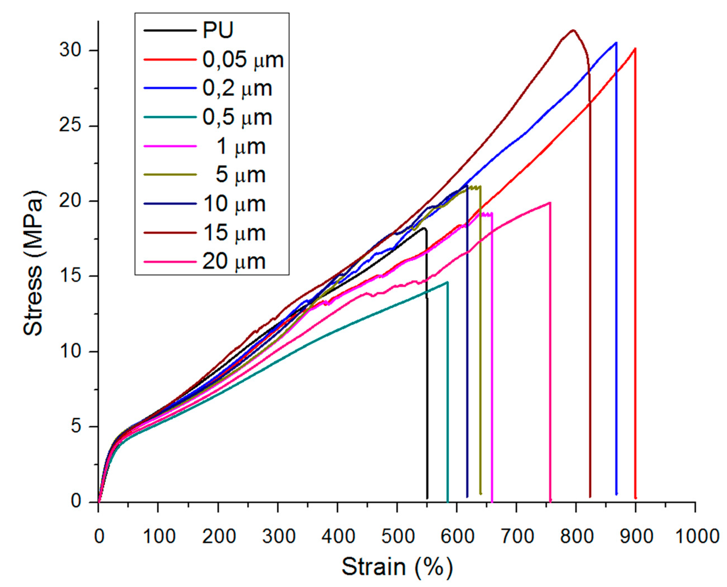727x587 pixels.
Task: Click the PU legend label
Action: point(218,30)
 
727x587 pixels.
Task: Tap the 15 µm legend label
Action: point(234,233)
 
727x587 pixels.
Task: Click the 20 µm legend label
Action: point(234,262)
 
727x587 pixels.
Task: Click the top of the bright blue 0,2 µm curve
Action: point(616,43)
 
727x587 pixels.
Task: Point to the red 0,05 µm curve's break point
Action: point(635,48)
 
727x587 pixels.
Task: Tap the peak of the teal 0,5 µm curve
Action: point(447,282)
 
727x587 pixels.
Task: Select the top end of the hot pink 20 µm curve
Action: point(550,202)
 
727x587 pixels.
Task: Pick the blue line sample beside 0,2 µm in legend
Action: point(170,88)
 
